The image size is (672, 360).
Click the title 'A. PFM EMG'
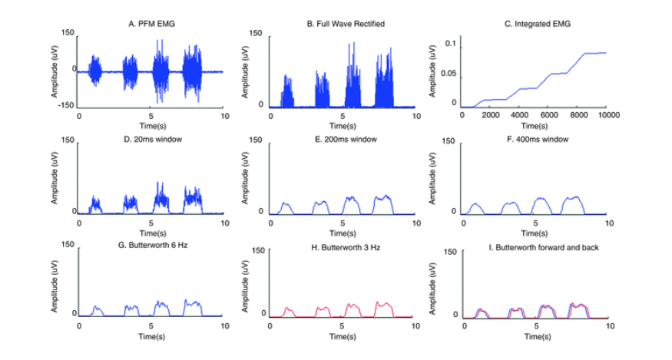(x=152, y=24)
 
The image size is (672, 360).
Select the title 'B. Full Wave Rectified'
(x=346, y=24)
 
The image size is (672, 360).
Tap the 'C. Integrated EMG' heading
(x=538, y=24)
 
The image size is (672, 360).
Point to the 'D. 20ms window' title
(x=153, y=139)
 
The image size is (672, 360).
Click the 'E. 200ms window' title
(x=346, y=139)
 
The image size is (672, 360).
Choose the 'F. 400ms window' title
(x=538, y=139)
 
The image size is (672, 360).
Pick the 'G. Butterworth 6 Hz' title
(x=153, y=245)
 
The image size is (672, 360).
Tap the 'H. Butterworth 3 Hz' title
(x=346, y=247)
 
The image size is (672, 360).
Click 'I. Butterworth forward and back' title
(x=544, y=247)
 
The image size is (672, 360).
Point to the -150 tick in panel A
(x=66, y=105)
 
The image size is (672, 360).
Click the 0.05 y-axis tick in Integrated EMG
(x=449, y=73)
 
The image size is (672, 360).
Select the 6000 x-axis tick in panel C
(x=549, y=115)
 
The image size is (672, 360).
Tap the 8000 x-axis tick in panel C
(x=578, y=115)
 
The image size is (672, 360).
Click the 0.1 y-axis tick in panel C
(x=451, y=44)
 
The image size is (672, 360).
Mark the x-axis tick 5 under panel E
(x=343, y=223)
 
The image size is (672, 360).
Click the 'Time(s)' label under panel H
(x=343, y=336)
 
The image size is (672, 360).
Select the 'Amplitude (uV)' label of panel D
(x=55, y=178)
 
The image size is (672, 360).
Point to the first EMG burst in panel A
(x=94, y=71)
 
